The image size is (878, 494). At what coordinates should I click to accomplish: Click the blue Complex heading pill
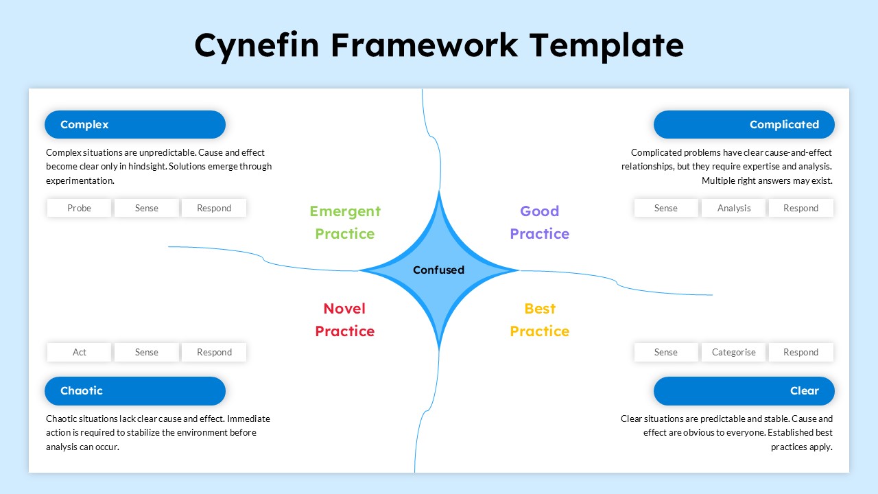point(135,125)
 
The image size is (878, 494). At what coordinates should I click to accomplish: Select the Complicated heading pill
point(744,125)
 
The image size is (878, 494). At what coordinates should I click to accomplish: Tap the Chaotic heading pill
point(135,391)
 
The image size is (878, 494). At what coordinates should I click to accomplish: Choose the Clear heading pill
point(744,391)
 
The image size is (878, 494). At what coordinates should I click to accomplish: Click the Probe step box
point(79,208)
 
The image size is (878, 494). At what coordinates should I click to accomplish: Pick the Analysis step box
point(733,208)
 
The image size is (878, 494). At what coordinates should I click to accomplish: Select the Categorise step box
point(733,352)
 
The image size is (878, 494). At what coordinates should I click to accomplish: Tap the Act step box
point(79,352)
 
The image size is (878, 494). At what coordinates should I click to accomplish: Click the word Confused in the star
point(438,270)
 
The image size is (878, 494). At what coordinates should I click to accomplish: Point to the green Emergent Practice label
point(345,222)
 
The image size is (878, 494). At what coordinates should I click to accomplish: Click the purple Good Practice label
point(539,222)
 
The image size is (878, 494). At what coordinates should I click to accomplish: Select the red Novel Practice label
point(345,320)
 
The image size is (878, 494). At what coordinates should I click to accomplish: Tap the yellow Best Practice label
point(539,320)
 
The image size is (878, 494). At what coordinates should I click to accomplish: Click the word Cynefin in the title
point(257,45)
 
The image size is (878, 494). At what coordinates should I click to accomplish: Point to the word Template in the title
point(606,45)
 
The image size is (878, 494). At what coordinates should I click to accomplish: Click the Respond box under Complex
point(214,208)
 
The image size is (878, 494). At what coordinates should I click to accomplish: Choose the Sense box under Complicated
point(665,208)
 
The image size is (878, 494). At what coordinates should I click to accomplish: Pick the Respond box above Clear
point(800,352)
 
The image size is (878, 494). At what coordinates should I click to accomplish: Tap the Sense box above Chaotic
point(146,352)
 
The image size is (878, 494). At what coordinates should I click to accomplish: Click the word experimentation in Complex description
point(79,181)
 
